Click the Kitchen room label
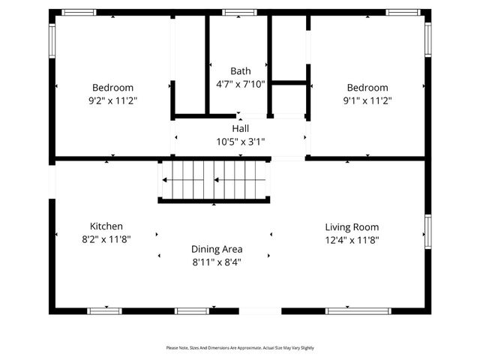click(106, 226)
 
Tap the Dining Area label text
click(217, 249)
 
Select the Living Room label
click(352, 226)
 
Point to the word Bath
click(241, 71)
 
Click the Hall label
click(240, 128)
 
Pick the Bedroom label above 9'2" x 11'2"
click(112, 87)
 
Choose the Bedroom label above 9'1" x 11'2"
click(367, 87)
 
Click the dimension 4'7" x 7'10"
click(241, 84)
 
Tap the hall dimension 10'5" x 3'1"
click(240, 141)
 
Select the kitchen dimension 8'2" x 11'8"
click(106, 239)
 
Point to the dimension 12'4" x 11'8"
click(352, 240)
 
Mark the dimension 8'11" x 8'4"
click(217, 262)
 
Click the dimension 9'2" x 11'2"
click(112, 100)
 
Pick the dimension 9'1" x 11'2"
click(367, 100)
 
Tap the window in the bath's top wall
click(240, 12)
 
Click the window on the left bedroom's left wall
click(52, 41)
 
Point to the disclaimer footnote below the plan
click(240, 348)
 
